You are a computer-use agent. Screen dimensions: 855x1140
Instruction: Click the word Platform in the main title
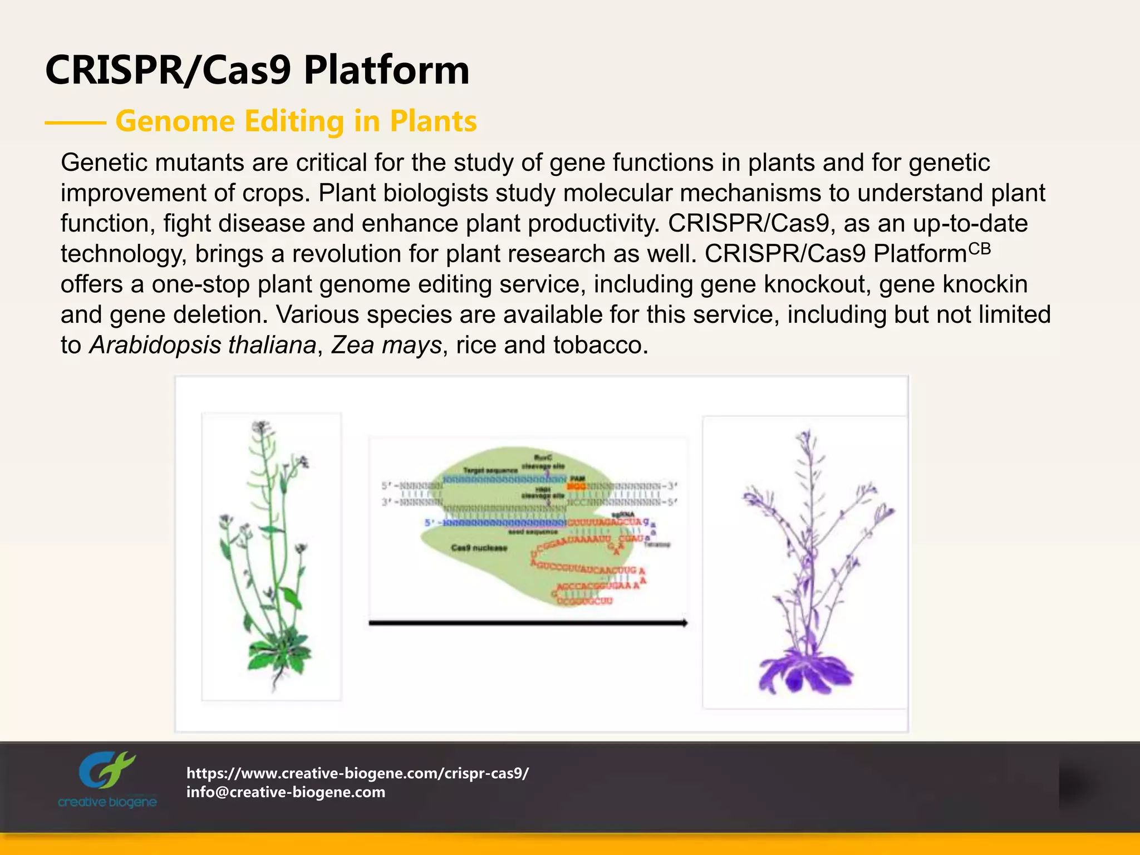(387, 71)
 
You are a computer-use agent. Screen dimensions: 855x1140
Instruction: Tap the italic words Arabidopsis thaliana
(203, 345)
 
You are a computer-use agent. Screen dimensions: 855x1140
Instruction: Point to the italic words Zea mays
(386, 345)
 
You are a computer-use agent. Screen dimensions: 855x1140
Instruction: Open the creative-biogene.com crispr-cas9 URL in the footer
(357, 773)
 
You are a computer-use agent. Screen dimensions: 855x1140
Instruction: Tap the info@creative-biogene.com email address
(286, 792)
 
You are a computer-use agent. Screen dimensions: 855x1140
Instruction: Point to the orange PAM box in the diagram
(577, 487)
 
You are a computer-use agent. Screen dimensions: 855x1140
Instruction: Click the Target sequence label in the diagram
(490, 471)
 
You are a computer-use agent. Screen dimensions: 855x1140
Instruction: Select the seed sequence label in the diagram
(533, 532)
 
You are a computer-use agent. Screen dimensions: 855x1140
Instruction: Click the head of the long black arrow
(683, 623)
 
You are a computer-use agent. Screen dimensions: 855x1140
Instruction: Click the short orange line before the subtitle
(76, 122)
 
